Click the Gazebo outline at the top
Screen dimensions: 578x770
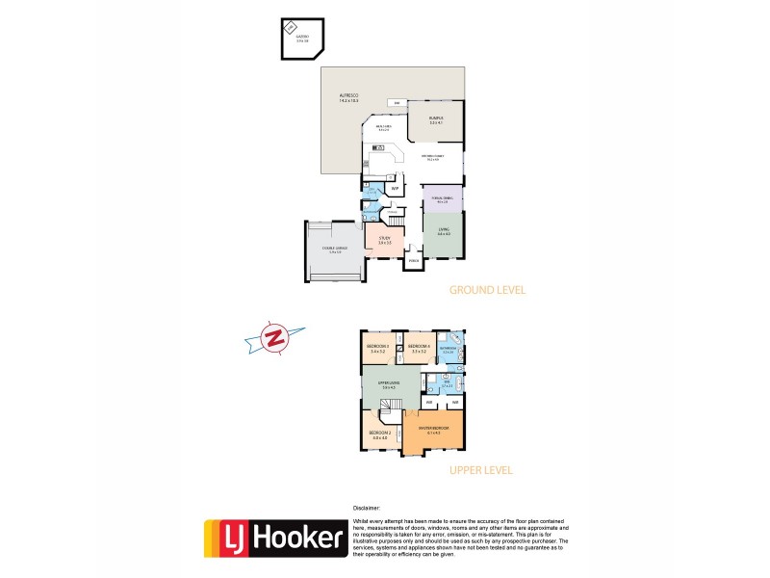click(300, 39)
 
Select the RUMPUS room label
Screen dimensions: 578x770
click(435, 120)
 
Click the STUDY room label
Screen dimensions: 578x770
click(384, 240)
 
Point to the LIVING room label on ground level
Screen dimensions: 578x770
click(443, 231)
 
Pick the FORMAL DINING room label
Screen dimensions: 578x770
click(442, 199)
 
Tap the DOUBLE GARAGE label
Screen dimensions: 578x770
click(332, 249)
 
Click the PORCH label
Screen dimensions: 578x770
click(413, 261)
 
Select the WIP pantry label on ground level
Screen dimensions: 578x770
click(394, 189)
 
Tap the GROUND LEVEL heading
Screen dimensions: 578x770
click(488, 290)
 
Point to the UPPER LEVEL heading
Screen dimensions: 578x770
click(480, 470)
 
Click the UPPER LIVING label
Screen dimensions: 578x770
click(389, 384)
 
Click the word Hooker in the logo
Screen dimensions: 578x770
click(298, 539)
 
